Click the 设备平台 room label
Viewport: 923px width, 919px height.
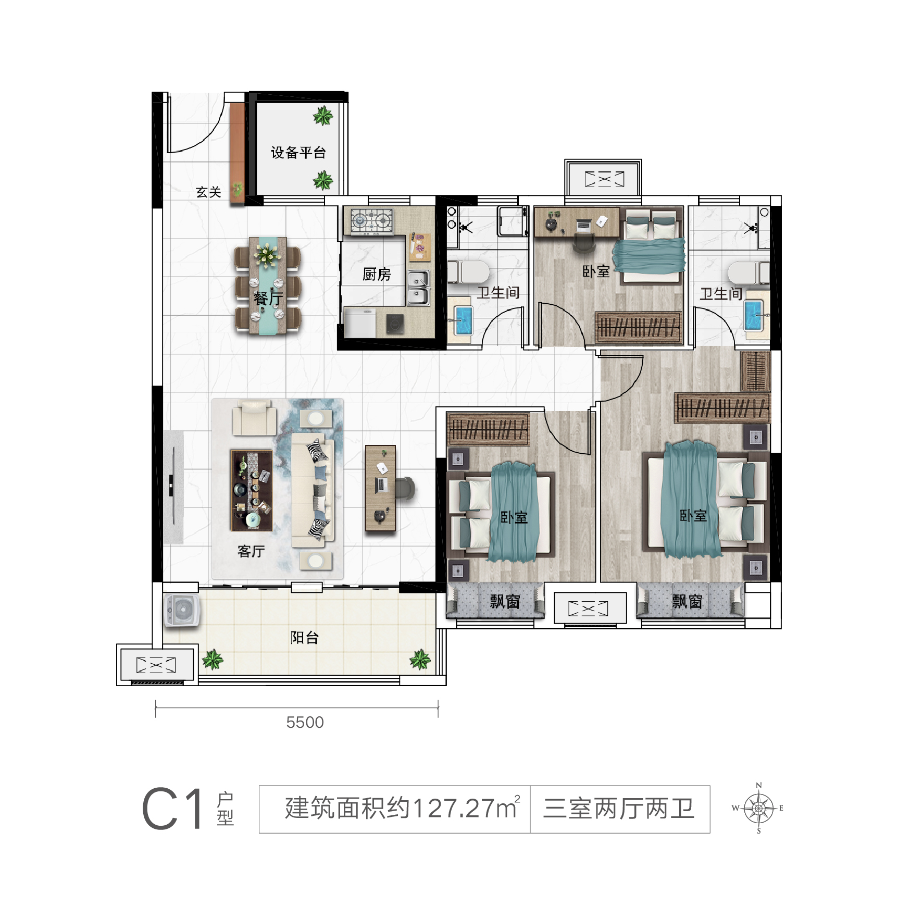[298, 153]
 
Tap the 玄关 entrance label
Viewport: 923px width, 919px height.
[208, 192]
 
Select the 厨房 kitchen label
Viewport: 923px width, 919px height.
[377, 274]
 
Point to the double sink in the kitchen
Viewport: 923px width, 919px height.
[419, 288]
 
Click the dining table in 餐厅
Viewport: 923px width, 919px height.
[268, 285]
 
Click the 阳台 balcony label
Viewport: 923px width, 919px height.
[305, 637]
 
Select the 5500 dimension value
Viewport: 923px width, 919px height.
[305, 722]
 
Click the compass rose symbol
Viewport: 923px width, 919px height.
[759, 808]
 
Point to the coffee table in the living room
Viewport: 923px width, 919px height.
[252, 490]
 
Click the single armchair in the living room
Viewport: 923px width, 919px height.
[254, 417]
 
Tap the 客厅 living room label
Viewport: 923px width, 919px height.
[251, 551]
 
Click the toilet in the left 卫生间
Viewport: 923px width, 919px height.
[469, 272]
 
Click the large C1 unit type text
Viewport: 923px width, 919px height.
[173, 809]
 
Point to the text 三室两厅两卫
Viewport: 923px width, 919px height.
[619, 809]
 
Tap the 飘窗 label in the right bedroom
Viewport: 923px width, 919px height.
[687, 602]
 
